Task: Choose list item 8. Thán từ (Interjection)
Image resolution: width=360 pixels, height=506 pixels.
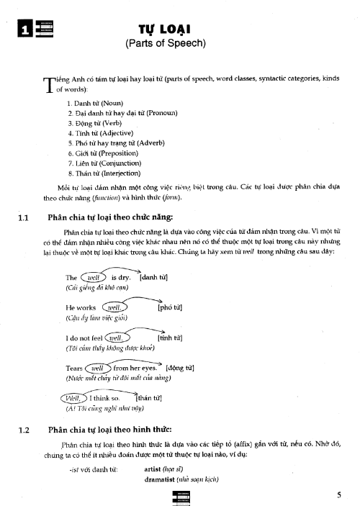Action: pyautogui.click(x=104, y=173)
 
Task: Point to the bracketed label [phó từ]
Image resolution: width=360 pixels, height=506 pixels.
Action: pyautogui.click(x=169, y=308)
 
